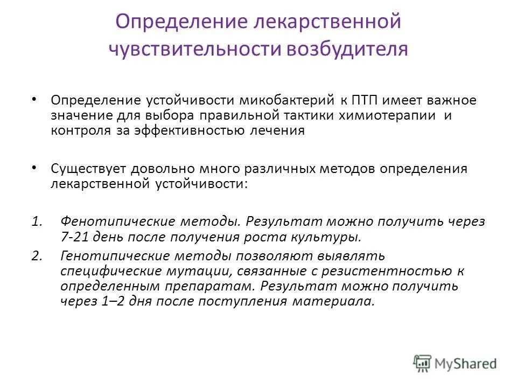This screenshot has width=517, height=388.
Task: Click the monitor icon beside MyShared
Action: point(423,363)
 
